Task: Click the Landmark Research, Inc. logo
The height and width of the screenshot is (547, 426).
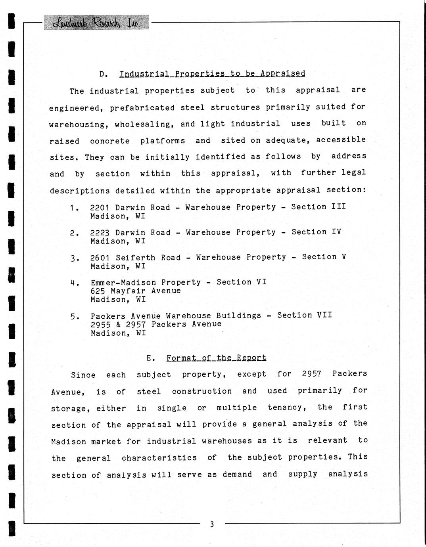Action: pos(96,22)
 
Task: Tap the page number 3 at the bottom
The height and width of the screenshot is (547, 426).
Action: pos(212,524)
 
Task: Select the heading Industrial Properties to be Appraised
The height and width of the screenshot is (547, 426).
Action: pos(212,74)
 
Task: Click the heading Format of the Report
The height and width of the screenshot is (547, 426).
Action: pos(216,358)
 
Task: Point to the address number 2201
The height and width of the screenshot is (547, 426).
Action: pos(100,207)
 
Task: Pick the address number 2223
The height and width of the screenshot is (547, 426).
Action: pos(100,233)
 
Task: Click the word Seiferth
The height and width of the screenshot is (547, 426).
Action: pos(135,258)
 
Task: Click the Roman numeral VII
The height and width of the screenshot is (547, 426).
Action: pos(324,315)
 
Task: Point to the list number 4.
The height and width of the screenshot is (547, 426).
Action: pos(73,283)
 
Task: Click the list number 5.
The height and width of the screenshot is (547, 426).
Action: pos(73,317)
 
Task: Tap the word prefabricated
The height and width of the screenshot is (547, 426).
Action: pos(142,108)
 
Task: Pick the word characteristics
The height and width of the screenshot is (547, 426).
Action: pos(159,458)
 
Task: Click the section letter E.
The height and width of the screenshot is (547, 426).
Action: pos(150,358)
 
